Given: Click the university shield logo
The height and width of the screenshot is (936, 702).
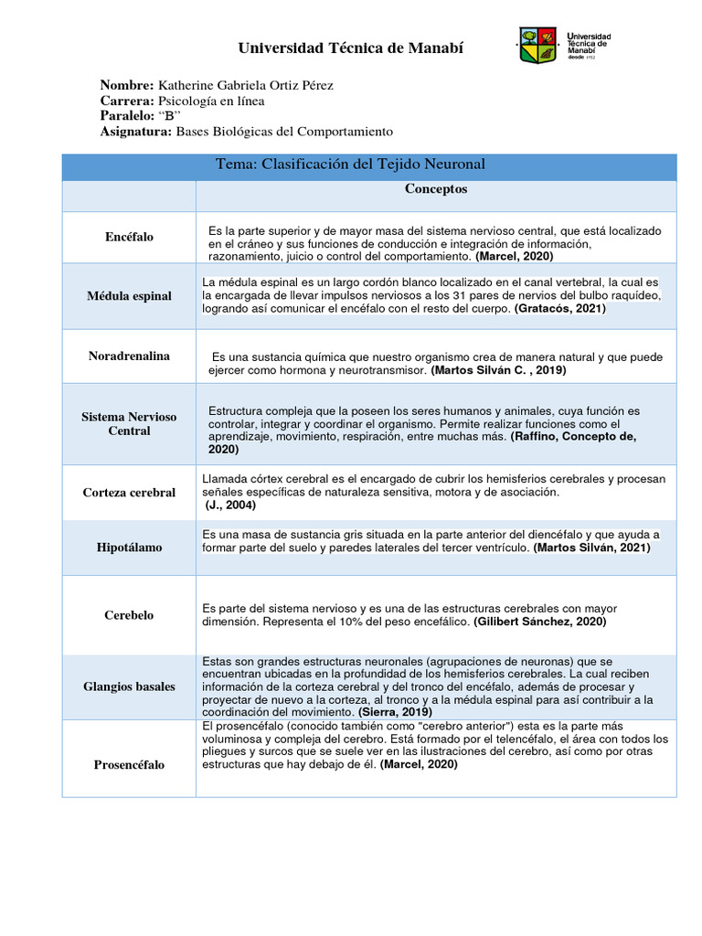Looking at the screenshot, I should pyautogui.click(x=537, y=46).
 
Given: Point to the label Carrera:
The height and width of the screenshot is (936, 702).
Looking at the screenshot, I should pyautogui.click(x=127, y=101).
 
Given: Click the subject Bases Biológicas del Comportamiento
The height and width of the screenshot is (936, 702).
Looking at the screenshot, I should pyautogui.click(x=283, y=132).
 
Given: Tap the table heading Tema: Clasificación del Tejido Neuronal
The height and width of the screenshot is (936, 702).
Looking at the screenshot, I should pyautogui.click(x=350, y=165).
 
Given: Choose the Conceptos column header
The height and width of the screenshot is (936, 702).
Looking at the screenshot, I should pyautogui.click(x=436, y=189).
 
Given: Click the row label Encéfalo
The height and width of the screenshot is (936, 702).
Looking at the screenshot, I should pyautogui.click(x=129, y=238).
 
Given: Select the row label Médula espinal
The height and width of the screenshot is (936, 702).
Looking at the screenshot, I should pyautogui.click(x=129, y=296).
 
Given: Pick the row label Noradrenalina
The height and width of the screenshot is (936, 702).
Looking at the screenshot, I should pyautogui.click(x=129, y=356).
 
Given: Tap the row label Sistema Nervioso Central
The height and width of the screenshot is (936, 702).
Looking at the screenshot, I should pyautogui.click(x=129, y=423).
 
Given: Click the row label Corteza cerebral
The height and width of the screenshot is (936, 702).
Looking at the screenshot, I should pyautogui.click(x=129, y=493).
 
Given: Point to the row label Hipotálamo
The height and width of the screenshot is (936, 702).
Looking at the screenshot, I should pyautogui.click(x=129, y=548).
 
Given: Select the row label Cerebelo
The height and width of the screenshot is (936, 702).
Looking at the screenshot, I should pyautogui.click(x=129, y=615).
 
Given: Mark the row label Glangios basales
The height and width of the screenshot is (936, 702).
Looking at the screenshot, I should pyautogui.click(x=129, y=686).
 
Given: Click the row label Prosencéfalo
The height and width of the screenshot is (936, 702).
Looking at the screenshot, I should pyautogui.click(x=129, y=764).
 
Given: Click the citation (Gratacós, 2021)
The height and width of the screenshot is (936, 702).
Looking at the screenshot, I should pyautogui.click(x=559, y=309).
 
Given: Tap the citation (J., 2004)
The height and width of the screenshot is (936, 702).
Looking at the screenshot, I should pyautogui.click(x=231, y=505).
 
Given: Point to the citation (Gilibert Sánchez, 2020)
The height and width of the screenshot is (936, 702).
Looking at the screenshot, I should pyautogui.click(x=539, y=622).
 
